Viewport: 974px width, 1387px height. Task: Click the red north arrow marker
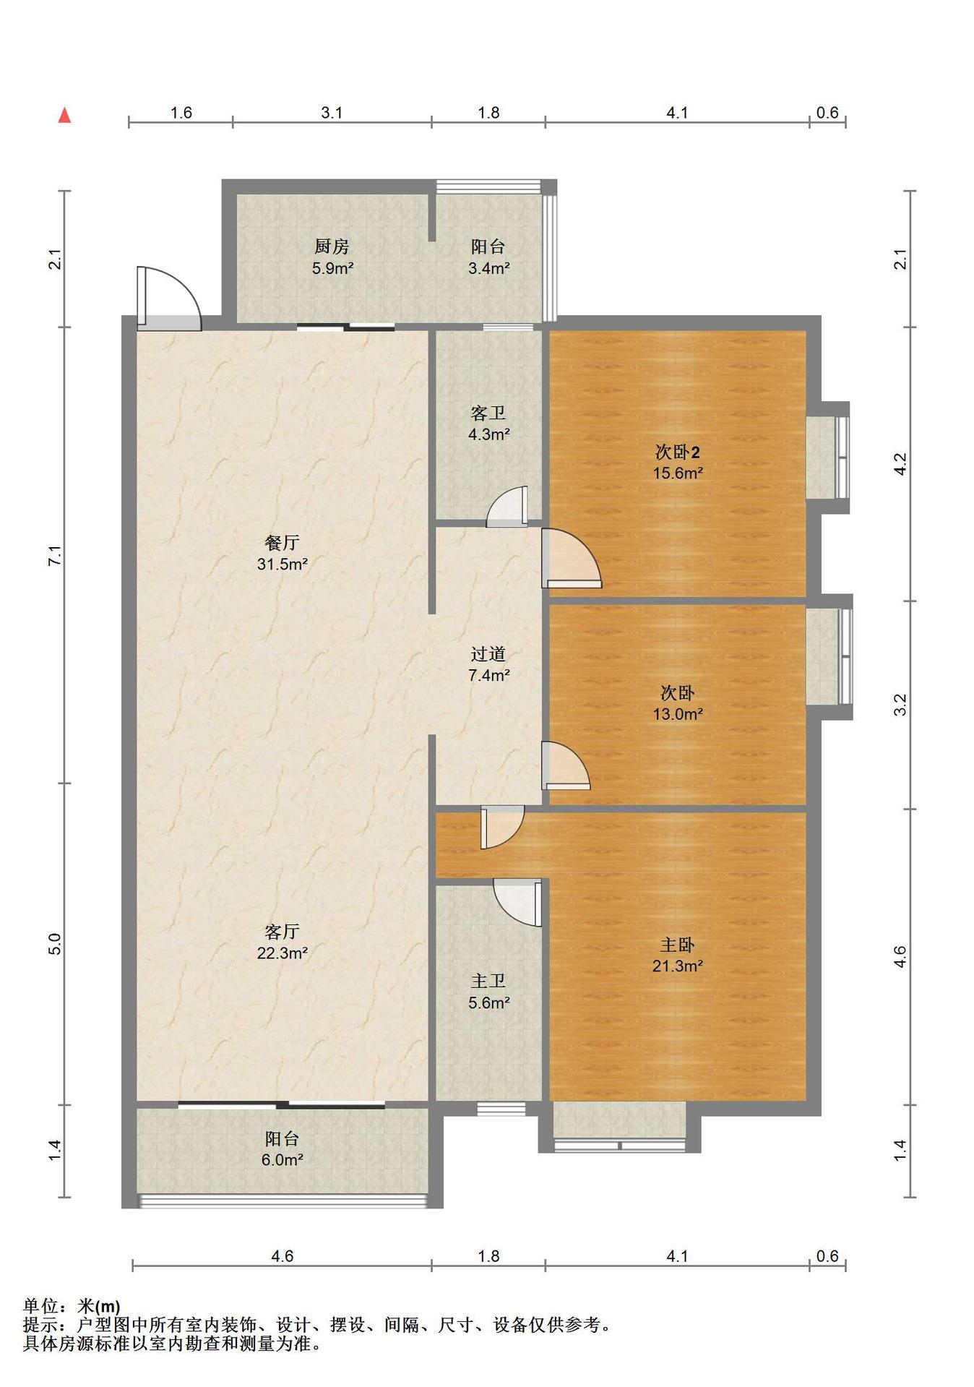tap(64, 115)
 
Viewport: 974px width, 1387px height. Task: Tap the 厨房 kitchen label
tap(332, 246)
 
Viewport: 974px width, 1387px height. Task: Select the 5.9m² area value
tap(332, 268)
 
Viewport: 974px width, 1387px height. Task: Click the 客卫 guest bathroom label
tap(488, 413)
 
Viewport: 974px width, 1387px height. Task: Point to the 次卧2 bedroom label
tap(677, 452)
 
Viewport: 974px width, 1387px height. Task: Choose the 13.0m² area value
tap(678, 714)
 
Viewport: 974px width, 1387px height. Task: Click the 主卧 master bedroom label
tap(677, 945)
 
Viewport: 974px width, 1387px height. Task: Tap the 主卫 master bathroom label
tap(488, 981)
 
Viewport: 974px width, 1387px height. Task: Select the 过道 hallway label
tap(488, 654)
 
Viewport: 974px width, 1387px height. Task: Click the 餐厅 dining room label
tap(282, 543)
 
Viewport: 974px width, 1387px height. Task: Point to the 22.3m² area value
tap(283, 953)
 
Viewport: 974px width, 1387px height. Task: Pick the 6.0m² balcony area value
tap(282, 1159)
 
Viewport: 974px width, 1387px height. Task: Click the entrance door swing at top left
tap(168, 299)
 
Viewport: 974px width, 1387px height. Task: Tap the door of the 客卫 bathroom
tap(507, 506)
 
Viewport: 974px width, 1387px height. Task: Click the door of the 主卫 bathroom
tap(517, 902)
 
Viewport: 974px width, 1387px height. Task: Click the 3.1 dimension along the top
tap(332, 113)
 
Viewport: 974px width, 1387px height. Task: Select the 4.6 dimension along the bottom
tap(282, 1255)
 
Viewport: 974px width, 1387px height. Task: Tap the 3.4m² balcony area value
tap(488, 268)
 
